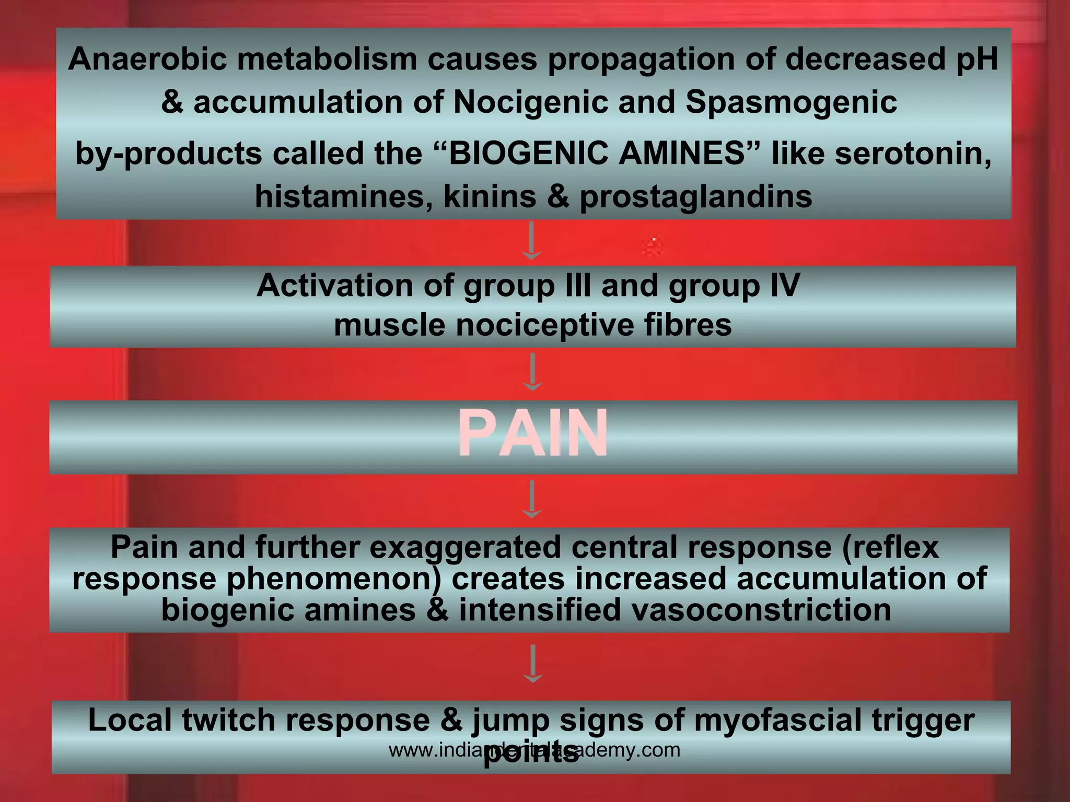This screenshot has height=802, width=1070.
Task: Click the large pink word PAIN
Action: (533, 433)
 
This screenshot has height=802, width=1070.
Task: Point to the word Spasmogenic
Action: (791, 102)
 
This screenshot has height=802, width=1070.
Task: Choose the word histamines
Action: (343, 197)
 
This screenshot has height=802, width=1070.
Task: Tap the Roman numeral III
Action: (575, 285)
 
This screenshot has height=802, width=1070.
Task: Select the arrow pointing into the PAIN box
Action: (532, 372)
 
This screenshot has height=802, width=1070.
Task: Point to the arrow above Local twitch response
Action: (532, 664)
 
